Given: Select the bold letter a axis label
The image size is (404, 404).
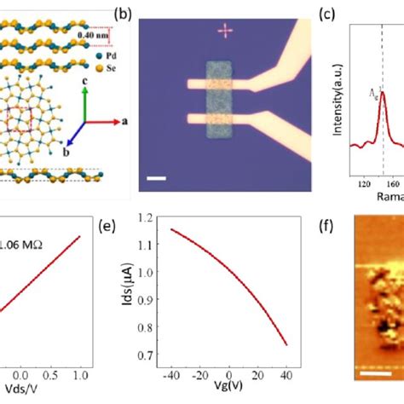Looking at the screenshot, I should (124, 122).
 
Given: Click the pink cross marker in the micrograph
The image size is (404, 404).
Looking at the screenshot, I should (225, 32).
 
